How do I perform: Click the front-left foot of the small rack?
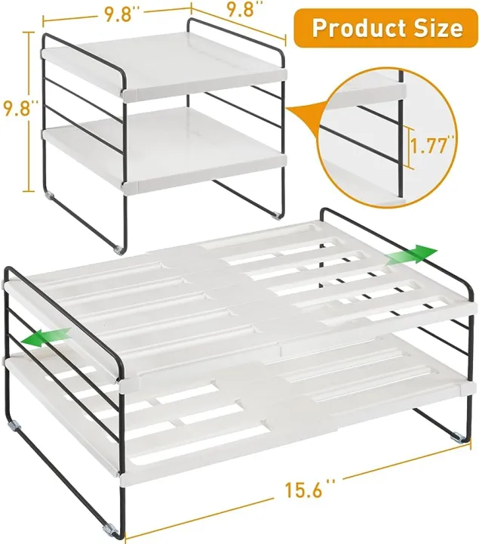tap(119, 247)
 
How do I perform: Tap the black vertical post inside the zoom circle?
tap(395, 144)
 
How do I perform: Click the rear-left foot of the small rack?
tap(51, 196)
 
